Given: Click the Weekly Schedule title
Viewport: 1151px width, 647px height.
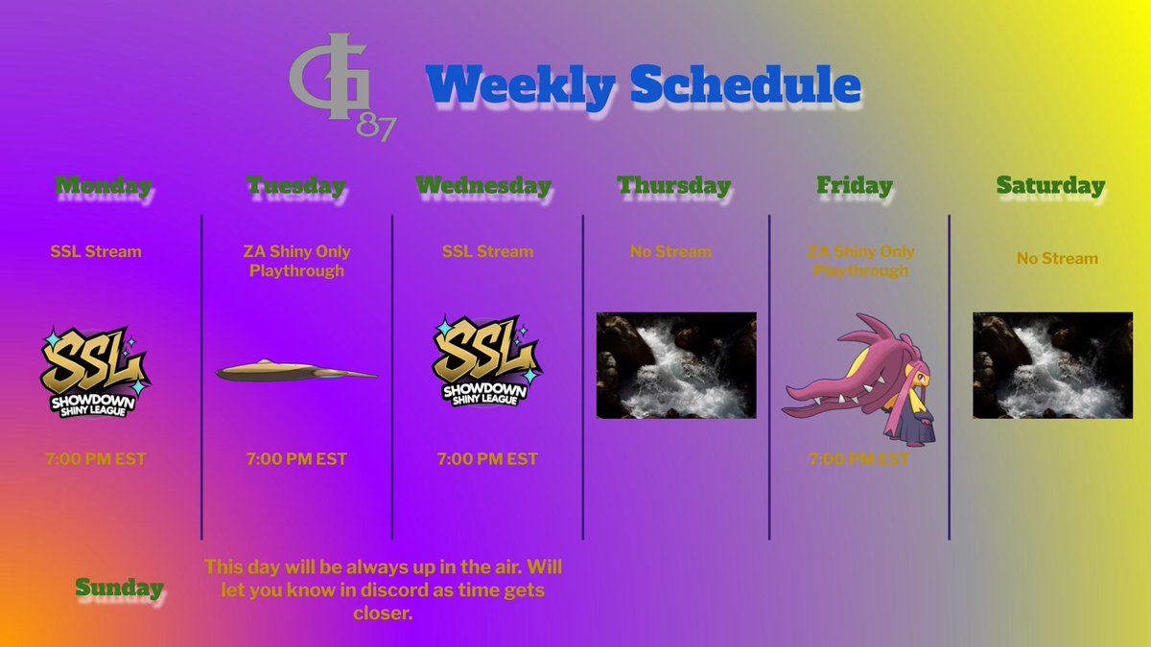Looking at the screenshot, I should tap(643, 86).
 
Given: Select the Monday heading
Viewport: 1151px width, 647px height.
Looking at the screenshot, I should tap(103, 185).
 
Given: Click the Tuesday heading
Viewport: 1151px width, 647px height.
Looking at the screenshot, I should tap(295, 185).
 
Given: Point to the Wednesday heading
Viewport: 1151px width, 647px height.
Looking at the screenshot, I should tap(483, 185).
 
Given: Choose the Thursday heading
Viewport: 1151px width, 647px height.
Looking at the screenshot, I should tap(673, 185).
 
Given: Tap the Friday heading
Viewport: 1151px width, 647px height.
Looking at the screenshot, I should tap(854, 185).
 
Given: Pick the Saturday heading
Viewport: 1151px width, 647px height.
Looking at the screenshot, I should tap(1050, 185).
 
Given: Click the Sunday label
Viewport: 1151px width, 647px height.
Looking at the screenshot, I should tap(119, 588).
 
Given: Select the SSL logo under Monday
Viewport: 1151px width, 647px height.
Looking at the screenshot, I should tap(93, 371).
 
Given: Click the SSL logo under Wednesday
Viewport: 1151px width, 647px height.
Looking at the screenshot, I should tap(485, 361).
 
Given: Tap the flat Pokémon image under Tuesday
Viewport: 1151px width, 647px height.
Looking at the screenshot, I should tap(295, 370).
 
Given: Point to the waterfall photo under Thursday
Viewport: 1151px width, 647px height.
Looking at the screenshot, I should tap(676, 365).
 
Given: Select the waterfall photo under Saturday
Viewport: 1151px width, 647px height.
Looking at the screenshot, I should tap(1052, 365).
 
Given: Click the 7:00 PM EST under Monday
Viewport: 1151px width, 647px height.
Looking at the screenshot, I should tap(96, 459).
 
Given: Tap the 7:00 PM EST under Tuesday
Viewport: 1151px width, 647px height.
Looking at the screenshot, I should tap(296, 459).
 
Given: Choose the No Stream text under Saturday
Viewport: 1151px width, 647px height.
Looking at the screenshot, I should tap(1057, 259).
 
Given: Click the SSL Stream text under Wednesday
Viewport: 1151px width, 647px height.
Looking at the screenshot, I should tap(487, 251).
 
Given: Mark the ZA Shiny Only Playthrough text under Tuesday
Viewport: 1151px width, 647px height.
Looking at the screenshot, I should tap(296, 261).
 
